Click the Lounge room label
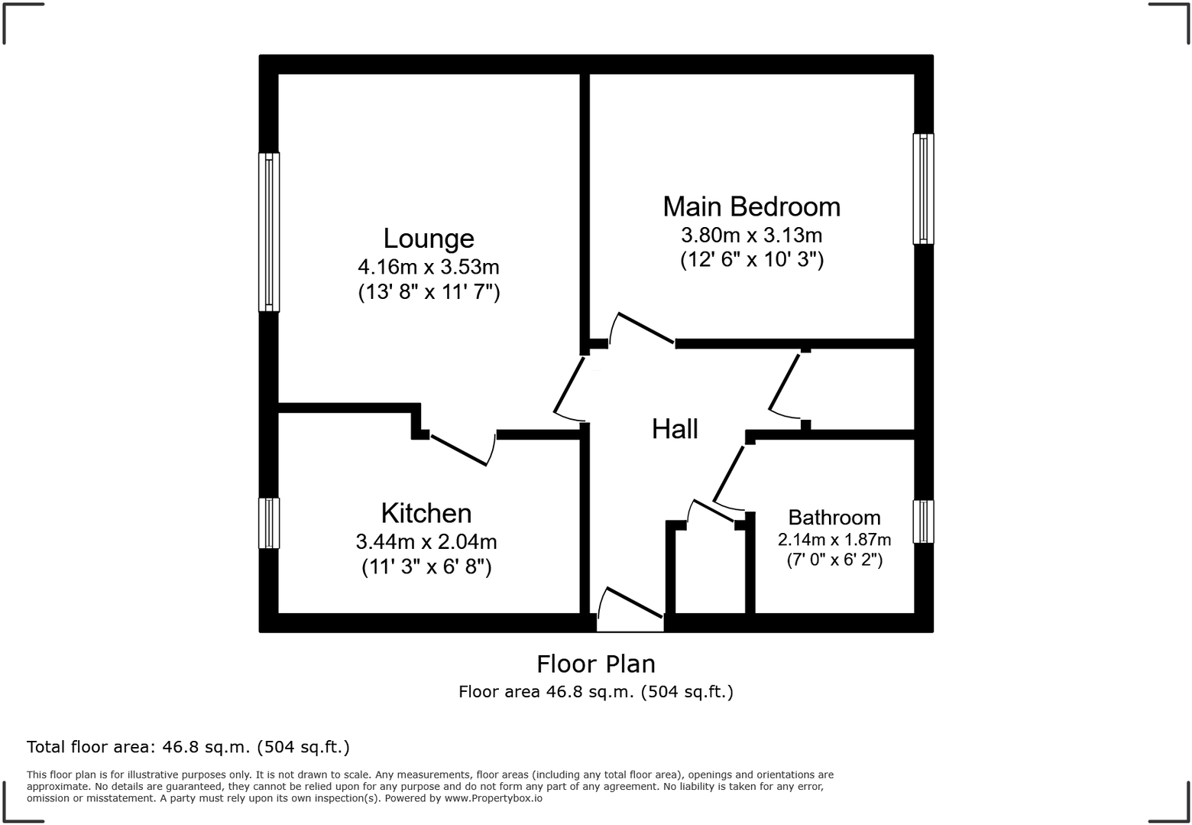pyautogui.click(x=429, y=239)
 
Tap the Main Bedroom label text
pyautogui.click(x=751, y=206)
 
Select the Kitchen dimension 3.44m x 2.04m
pyautogui.click(x=426, y=542)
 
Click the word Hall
pyautogui.click(x=675, y=429)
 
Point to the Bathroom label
pyautogui.click(x=834, y=518)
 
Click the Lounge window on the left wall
pyautogui.click(x=269, y=232)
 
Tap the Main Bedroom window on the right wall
pyautogui.click(x=923, y=189)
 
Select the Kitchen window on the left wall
pyautogui.click(x=269, y=523)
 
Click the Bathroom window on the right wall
pyautogui.click(x=923, y=521)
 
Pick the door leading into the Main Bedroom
pyautogui.click(x=644, y=329)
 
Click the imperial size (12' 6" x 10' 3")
pyautogui.click(x=752, y=260)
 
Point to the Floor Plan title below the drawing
pyautogui.click(x=595, y=664)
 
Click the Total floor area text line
pyautogui.click(x=188, y=747)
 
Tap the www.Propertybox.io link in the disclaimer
pyautogui.click(x=494, y=798)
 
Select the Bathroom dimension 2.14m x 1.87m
pyautogui.click(x=834, y=540)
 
